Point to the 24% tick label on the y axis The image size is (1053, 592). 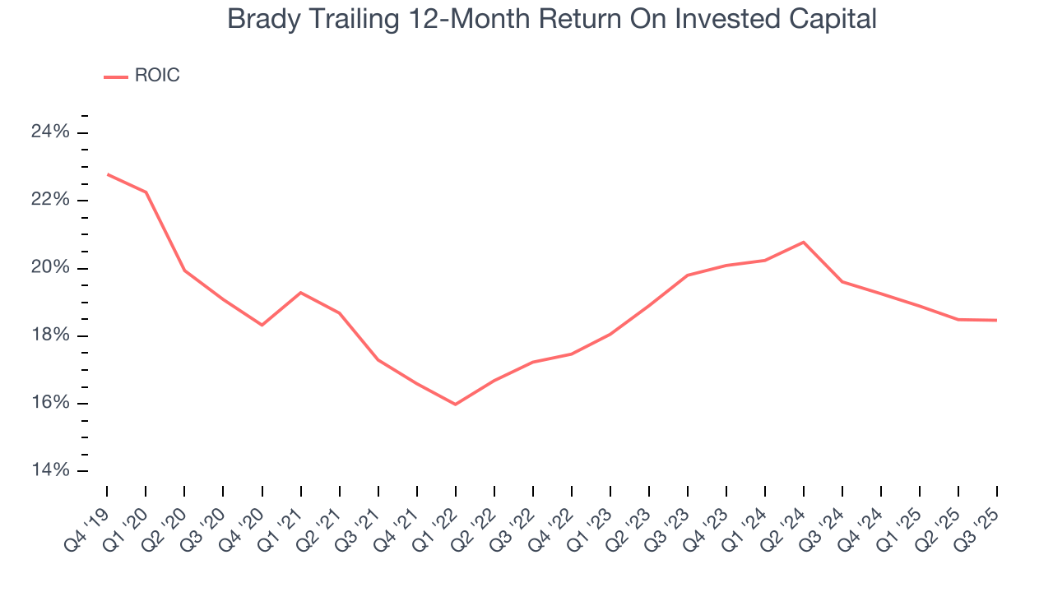pyautogui.click(x=49, y=132)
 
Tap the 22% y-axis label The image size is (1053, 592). pyautogui.click(x=49, y=201)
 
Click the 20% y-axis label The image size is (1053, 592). pyautogui.click(x=49, y=268)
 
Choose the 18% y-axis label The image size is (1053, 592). pyautogui.click(x=49, y=335)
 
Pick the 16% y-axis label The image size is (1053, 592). pyautogui.click(x=49, y=403)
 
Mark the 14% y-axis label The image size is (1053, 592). pyautogui.click(x=49, y=470)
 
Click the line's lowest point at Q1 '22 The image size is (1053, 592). pyautogui.click(x=455, y=405)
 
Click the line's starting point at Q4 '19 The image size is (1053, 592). pyautogui.click(x=107, y=174)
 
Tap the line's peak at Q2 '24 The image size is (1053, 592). pyautogui.click(x=803, y=242)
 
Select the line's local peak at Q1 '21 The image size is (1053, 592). pyautogui.click(x=300, y=293)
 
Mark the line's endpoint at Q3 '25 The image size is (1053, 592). pyautogui.click(x=996, y=320)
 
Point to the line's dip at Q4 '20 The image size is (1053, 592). pyautogui.click(x=262, y=325)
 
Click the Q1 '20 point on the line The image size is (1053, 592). pyautogui.click(x=146, y=192)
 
